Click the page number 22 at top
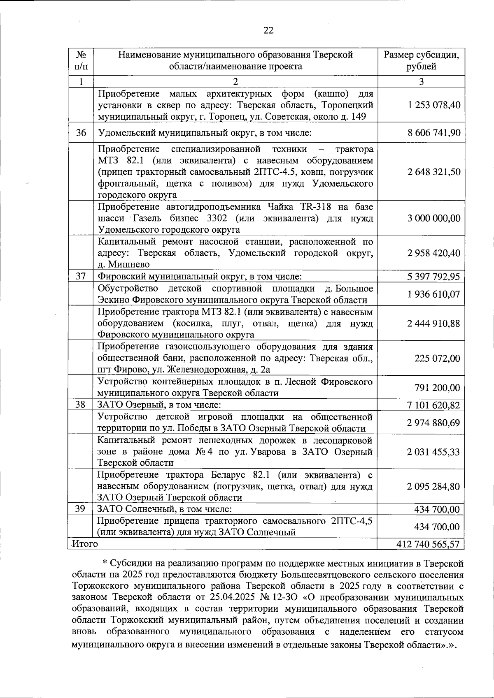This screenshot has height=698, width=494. pos(268,30)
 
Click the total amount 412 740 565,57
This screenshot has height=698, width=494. pos(428,544)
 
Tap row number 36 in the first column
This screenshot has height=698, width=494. pos(81,133)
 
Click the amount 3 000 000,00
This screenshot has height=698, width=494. pos(434,218)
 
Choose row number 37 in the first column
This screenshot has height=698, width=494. pos(81,276)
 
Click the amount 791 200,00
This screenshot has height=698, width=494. pos(437,388)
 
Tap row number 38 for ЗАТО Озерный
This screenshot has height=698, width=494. pos(81,405)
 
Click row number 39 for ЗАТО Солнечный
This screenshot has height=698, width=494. pos(81,509)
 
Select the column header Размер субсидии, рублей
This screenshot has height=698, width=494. pos(421,60)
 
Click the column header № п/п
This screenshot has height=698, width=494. pos(81,60)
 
